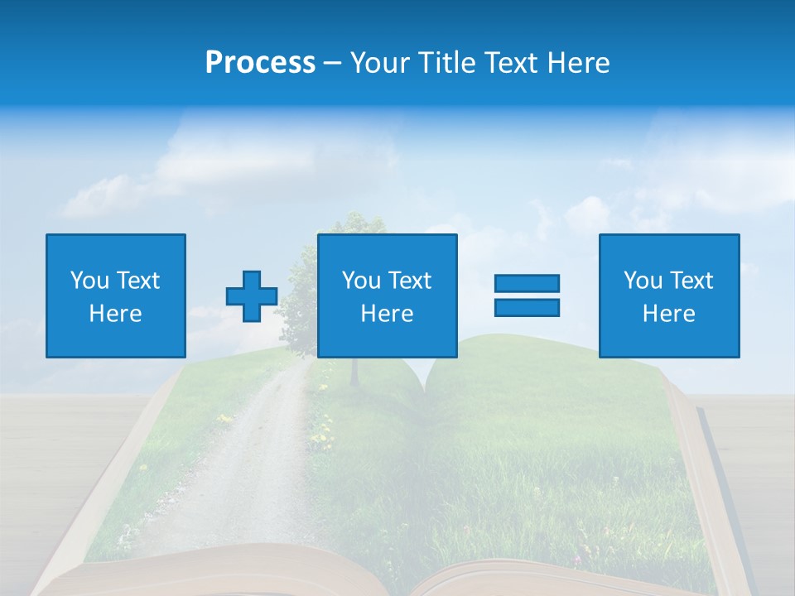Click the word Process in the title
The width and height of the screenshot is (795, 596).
tap(260, 63)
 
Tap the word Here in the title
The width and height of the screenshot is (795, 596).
tap(579, 63)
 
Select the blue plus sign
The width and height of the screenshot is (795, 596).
tap(252, 296)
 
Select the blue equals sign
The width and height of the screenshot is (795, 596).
tap(527, 296)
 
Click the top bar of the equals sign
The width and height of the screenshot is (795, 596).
tap(527, 284)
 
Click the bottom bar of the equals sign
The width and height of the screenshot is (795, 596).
tap(527, 307)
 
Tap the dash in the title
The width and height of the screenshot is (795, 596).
tap(332, 64)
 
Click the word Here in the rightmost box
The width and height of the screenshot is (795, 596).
tap(669, 314)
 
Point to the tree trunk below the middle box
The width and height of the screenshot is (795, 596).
tap(355, 372)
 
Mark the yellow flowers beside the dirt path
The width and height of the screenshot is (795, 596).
tap(319, 431)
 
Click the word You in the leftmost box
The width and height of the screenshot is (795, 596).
tap(89, 281)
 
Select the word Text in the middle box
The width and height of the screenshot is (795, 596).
tap(409, 281)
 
